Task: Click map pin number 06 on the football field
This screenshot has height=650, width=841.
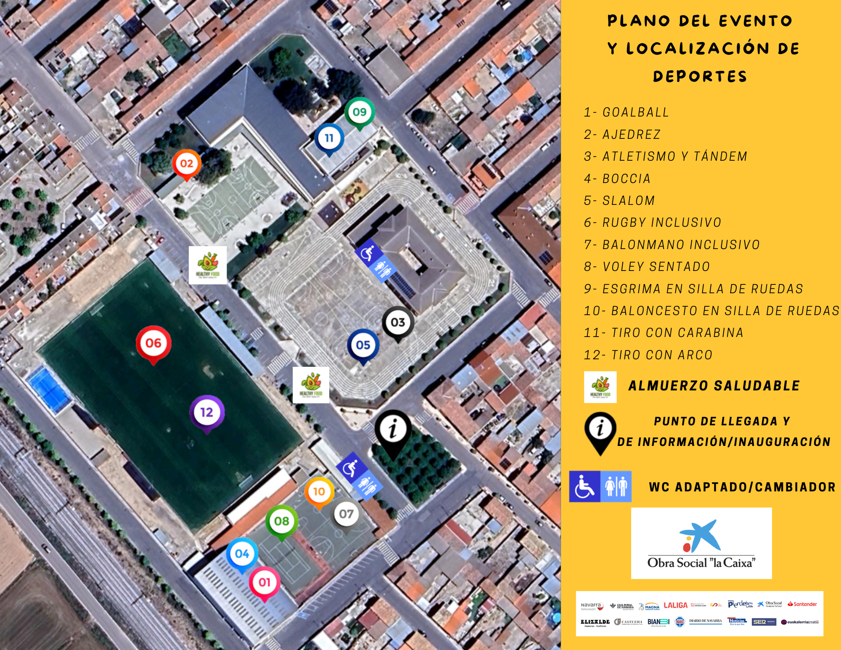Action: click(153, 343)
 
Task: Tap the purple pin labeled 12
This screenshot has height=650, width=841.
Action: click(207, 412)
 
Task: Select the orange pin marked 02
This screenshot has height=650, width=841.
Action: click(187, 164)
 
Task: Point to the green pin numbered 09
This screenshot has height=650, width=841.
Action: click(360, 112)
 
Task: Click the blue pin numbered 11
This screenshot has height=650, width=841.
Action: click(329, 138)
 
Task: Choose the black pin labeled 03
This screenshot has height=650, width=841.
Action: click(398, 322)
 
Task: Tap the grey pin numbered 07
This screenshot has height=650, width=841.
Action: click(346, 514)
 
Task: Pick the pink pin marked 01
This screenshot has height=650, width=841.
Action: click(264, 582)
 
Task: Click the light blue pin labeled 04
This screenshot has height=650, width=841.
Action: click(242, 554)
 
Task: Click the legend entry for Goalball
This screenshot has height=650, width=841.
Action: click(626, 112)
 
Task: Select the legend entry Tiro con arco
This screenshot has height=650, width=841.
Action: click(648, 355)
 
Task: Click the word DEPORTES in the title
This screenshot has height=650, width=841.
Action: click(700, 76)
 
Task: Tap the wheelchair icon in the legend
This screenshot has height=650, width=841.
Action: click(584, 486)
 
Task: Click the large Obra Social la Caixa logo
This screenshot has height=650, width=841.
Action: click(701, 543)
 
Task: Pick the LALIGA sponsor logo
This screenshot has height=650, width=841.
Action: click(675, 605)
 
